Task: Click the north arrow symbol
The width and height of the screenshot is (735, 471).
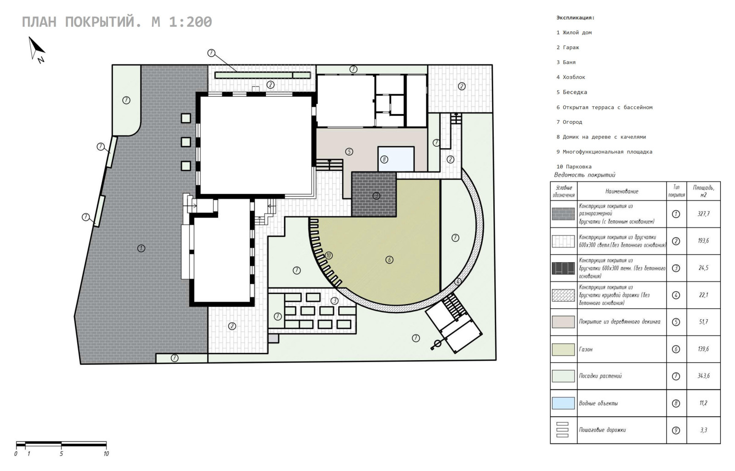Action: (x=37, y=49)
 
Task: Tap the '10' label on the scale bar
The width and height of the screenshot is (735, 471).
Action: (x=106, y=454)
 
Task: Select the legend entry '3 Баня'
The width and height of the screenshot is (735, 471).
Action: (x=566, y=63)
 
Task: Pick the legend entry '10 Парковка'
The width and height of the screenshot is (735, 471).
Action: (x=574, y=167)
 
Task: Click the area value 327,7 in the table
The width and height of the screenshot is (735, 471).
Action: (x=703, y=214)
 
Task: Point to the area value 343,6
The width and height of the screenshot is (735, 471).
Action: (x=703, y=376)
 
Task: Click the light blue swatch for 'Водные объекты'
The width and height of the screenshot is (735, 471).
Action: (x=563, y=403)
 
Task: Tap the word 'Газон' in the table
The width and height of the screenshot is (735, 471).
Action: (x=586, y=349)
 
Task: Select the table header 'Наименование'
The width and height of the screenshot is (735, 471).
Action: (x=622, y=191)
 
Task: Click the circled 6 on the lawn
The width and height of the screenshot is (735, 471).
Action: (x=389, y=260)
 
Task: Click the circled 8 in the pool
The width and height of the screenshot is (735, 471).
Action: (x=384, y=160)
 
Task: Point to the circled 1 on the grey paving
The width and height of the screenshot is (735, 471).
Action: (x=141, y=248)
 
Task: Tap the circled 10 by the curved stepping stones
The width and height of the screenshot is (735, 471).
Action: (x=328, y=256)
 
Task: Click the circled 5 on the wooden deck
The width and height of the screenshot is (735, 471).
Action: (x=349, y=151)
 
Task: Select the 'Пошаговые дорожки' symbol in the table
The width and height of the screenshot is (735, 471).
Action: (x=562, y=430)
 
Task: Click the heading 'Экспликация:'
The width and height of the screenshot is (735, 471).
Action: (x=575, y=18)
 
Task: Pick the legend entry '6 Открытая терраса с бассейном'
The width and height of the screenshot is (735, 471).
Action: (x=605, y=107)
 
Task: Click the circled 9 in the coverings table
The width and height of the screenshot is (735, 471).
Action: (x=676, y=430)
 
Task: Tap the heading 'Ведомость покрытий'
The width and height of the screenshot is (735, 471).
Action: (x=585, y=175)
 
